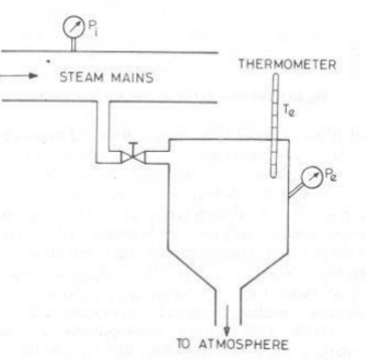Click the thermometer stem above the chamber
(x=272, y=108)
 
